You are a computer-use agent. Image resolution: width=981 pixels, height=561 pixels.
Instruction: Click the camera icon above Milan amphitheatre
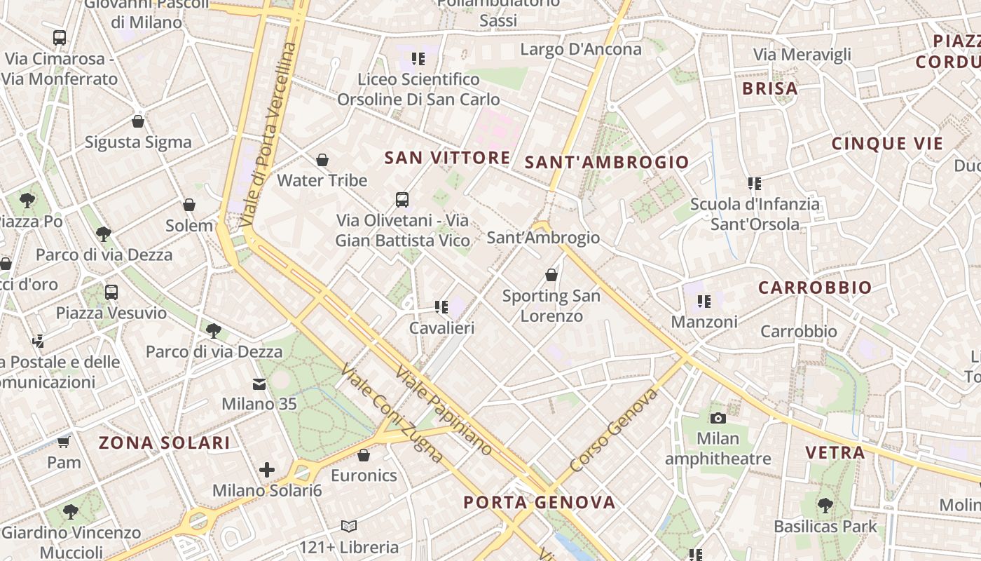coord(718,418)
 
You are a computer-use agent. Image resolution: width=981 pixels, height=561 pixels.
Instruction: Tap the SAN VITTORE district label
coord(447,158)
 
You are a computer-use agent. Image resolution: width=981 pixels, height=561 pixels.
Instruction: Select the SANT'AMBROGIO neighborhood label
coord(607,163)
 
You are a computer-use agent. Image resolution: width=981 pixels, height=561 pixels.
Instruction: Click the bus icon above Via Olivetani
coord(402,200)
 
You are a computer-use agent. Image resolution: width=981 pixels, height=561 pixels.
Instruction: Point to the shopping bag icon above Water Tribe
coord(322,160)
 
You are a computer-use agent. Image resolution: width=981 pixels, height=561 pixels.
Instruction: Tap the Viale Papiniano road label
coord(444,410)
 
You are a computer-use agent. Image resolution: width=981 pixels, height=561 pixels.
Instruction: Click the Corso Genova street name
coord(614,431)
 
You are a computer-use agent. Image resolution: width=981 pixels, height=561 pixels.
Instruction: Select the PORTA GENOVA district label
coord(540,502)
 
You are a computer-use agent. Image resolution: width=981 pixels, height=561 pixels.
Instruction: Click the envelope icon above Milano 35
coord(259,384)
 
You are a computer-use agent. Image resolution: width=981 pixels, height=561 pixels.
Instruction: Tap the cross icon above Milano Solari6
coord(267,470)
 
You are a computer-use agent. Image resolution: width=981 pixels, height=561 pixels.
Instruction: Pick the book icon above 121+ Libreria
coord(348,526)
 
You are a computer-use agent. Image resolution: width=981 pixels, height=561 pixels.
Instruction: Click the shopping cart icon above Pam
coord(64,442)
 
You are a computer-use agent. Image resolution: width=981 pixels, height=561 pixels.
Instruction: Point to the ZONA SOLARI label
coord(164,442)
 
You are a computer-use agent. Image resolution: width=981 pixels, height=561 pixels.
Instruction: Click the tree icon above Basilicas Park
coord(825,505)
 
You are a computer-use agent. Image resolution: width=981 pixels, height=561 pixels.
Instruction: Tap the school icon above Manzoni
coord(704,302)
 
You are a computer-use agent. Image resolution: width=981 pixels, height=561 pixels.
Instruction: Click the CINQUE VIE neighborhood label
coord(887,144)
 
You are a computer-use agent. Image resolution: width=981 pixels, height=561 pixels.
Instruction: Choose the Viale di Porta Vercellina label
coord(268,133)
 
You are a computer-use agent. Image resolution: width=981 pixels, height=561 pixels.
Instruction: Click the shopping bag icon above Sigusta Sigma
coord(138,121)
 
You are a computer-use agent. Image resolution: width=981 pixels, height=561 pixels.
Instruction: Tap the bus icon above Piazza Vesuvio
coord(111,292)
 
